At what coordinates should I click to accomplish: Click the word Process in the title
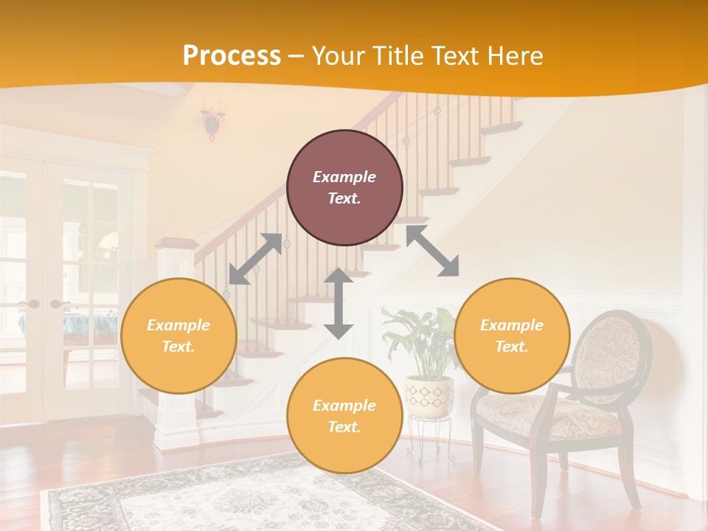(x=232, y=56)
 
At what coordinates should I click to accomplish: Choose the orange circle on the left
(x=178, y=336)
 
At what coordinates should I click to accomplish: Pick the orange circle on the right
(x=512, y=336)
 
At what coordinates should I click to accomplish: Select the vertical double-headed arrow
(x=339, y=303)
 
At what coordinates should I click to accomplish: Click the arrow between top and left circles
(x=256, y=258)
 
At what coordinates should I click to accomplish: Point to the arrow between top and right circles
(x=433, y=251)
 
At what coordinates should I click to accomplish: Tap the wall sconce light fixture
(x=212, y=122)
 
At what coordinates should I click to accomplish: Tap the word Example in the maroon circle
(x=344, y=177)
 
